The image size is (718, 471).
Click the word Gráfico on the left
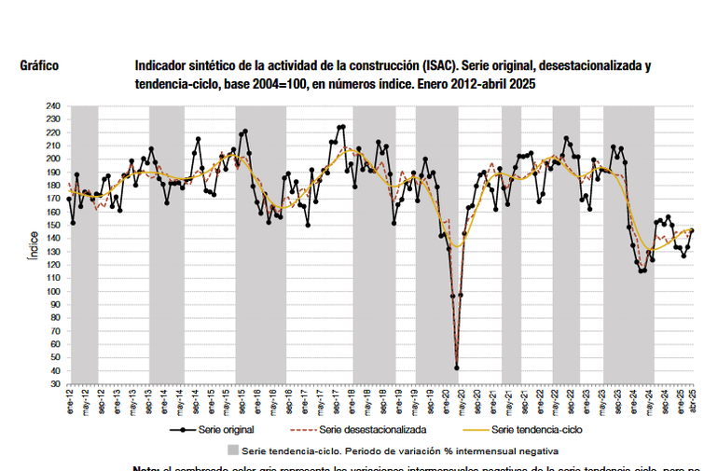(39, 66)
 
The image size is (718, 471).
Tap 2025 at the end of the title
(522, 84)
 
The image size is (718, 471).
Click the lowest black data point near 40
(457, 367)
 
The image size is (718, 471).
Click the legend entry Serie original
(227, 430)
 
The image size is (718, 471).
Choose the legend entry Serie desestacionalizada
(373, 430)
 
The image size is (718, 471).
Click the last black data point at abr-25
(692, 231)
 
